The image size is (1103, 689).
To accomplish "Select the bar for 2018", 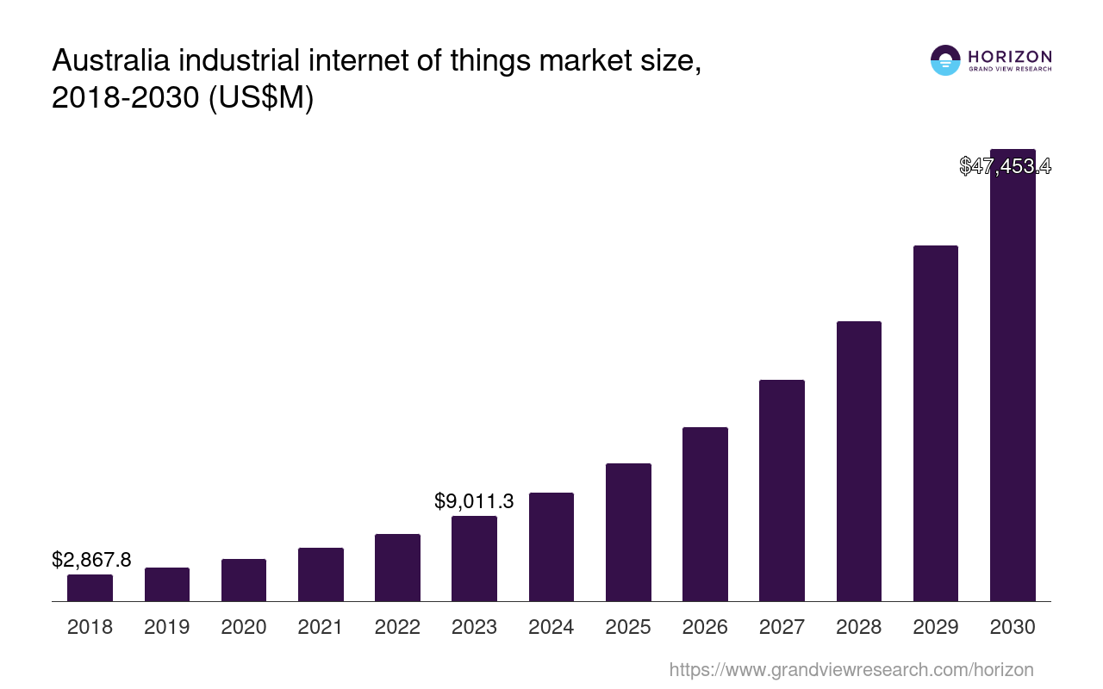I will [90, 587].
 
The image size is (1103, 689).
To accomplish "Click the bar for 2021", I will [321, 574].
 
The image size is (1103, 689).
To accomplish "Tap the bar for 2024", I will [551, 547].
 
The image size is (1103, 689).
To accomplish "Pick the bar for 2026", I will [705, 514].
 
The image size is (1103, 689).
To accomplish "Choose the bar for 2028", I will [858, 461].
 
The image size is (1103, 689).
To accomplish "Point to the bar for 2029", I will [935, 423].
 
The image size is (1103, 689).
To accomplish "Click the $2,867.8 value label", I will [91, 560].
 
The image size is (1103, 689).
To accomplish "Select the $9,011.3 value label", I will [474, 500].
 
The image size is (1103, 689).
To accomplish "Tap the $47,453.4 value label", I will [1005, 166].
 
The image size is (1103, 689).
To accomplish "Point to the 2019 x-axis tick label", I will [166, 627].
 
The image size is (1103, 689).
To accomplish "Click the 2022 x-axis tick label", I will [397, 627].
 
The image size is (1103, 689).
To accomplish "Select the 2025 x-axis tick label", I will [628, 627].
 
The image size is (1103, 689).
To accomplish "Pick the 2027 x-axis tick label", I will [782, 627].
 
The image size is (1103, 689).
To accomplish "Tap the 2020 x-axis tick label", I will [244, 627].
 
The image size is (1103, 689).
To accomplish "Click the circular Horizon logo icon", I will [945, 60].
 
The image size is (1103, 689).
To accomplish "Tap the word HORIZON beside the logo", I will [1010, 57].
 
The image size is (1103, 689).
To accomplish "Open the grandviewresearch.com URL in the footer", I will [851, 669].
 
